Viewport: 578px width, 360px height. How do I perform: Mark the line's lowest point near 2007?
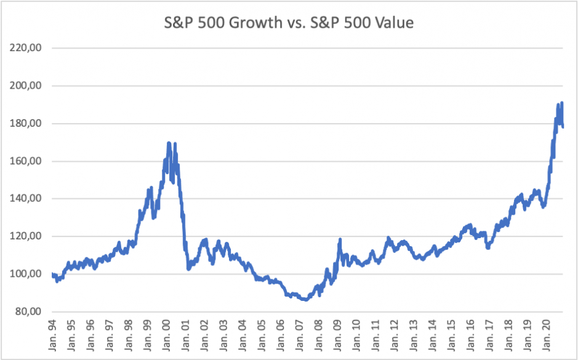pos(305,300)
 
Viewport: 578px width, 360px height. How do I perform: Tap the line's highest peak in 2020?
pos(562,103)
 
